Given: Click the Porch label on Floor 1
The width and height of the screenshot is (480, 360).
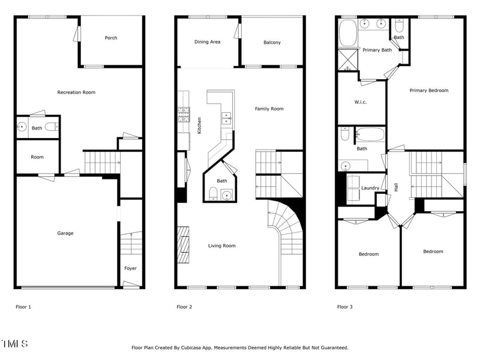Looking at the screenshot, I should pos(111,38).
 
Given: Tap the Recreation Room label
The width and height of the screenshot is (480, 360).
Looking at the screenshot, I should pos(76,92).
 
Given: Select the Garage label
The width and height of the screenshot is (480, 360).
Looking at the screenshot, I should pos(65,233).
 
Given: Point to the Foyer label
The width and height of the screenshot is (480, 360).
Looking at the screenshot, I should pos(130,268).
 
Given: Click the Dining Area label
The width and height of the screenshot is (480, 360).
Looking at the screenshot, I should pos(207,42).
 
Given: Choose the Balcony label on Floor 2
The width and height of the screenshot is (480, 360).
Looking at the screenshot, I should pos(272,43).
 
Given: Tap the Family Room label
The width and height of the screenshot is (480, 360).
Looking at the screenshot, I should pos(269,109).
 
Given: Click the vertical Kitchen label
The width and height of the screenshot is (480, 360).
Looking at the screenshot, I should pos(199,125).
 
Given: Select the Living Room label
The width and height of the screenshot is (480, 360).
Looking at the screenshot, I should pos(221,245).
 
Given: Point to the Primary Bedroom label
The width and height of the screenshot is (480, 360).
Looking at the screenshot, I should pos(428,91).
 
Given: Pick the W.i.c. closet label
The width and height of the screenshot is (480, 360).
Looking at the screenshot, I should pos(360,102).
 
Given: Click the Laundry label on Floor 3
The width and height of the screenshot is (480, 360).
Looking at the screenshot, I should pos(370,188).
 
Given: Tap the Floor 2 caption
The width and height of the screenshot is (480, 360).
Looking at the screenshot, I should pos(184,307).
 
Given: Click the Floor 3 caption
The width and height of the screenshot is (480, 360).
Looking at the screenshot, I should pos(345,307).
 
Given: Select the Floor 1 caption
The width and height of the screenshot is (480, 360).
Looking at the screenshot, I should pos(23,307).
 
